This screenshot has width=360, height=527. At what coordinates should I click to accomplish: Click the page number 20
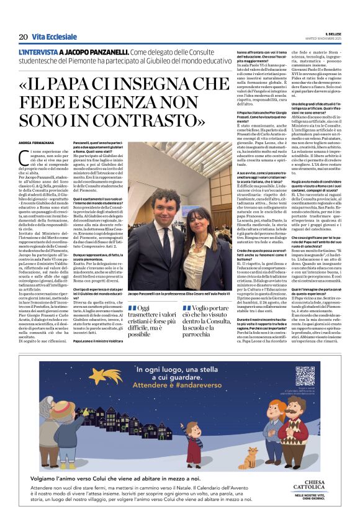(22, 37)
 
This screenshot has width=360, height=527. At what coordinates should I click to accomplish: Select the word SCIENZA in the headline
(133, 101)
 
